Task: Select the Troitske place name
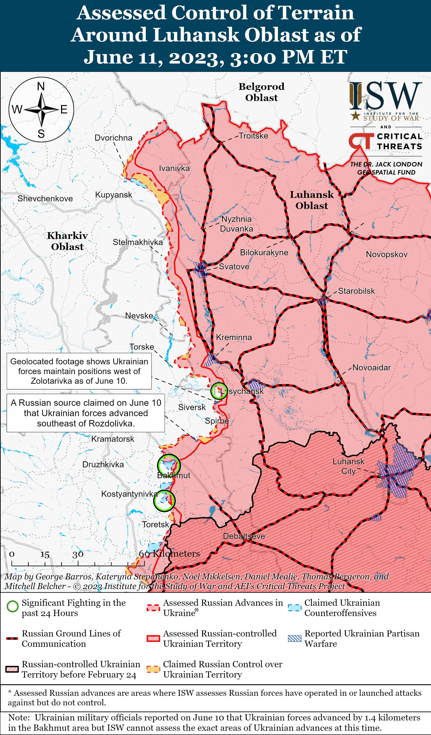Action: coord(253,136)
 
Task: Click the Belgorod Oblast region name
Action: coord(261,92)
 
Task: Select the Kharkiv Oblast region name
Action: coord(67,241)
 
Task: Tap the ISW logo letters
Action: coord(386,96)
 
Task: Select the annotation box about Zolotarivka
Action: coord(79,371)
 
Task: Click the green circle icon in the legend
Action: coord(13,606)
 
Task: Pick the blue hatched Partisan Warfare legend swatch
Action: coord(294,639)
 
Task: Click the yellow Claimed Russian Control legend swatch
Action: coord(153,669)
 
